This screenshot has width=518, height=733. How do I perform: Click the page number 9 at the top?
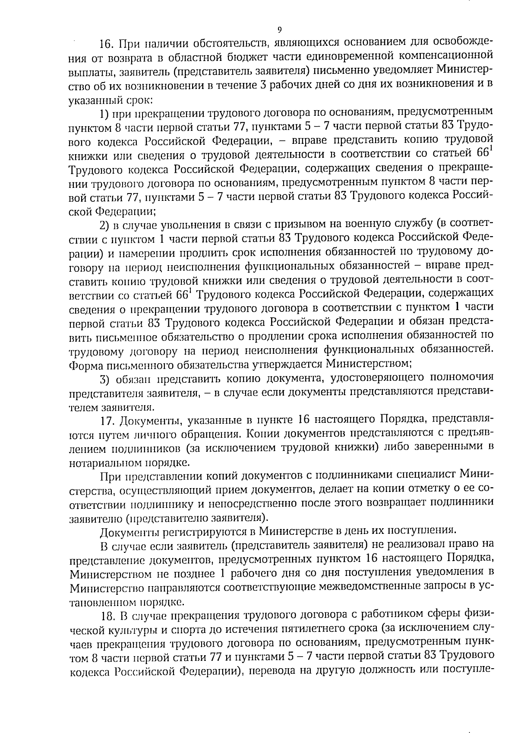point(279,30)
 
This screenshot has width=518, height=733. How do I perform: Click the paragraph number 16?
point(106,44)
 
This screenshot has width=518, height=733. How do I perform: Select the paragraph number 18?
point(106,614)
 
